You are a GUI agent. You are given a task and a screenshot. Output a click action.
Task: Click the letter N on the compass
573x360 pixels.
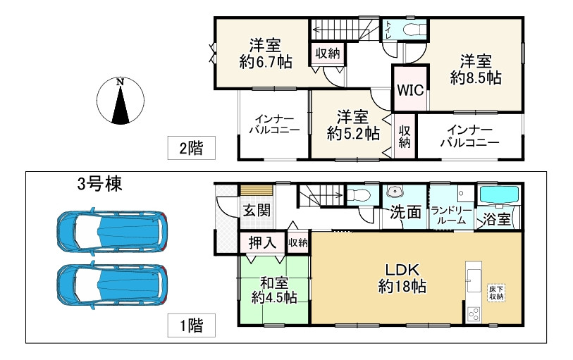[x=120, y=82]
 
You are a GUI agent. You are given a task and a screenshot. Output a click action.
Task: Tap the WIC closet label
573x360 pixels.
[x=410, y=89]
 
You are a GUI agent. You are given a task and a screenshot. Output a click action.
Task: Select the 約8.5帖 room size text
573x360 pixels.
[x=476, y=77]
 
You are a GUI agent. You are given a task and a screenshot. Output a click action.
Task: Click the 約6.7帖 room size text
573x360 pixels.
[x=266, y=62]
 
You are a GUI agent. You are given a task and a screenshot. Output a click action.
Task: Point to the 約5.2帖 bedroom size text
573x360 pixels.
[x=353, y=134]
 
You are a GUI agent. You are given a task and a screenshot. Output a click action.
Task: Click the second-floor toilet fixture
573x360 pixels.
[x=414, y=28]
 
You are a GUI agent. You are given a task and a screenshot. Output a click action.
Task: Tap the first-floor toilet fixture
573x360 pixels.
[x=358, y=195]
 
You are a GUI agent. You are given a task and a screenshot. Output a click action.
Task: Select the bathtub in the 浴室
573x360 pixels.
[x=499, y=194]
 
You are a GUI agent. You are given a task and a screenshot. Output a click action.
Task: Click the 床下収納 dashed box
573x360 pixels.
[x=496, y=293]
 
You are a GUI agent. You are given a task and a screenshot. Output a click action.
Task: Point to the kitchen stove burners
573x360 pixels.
[x=474, y=314]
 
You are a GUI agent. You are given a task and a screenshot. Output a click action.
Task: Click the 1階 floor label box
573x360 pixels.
[x=192, y=325]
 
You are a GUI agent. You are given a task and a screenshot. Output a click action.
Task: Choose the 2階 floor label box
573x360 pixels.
[x=192, y=148]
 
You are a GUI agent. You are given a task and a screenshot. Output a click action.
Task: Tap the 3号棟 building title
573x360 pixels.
[x=99, y=184]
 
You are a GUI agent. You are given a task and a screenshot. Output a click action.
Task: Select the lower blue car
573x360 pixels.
[x=112, y=285]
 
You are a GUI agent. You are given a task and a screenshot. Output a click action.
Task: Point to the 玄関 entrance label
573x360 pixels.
[x=257, y=211]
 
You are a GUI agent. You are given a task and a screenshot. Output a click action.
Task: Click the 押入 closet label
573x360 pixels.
[x=262, y=242]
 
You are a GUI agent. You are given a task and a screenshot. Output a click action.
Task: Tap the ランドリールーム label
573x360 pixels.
[x=452, y=216]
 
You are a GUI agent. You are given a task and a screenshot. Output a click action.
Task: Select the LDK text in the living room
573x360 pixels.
[x=402, y=270]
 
